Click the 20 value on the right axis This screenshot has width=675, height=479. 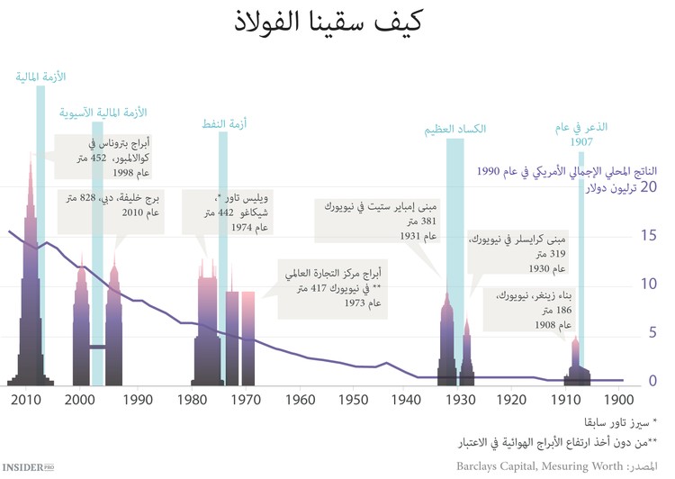pyautogui.click(x=649, y=187)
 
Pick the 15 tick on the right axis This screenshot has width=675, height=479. pyautogui.click(x=649, y=236)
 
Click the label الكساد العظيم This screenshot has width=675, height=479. pyautogui.click(x=454, y=130)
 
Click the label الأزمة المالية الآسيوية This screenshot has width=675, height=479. pyautogui.click(x=102, y=113)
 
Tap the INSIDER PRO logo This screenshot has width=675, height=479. pyautogui.click(x=29, y=467)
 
